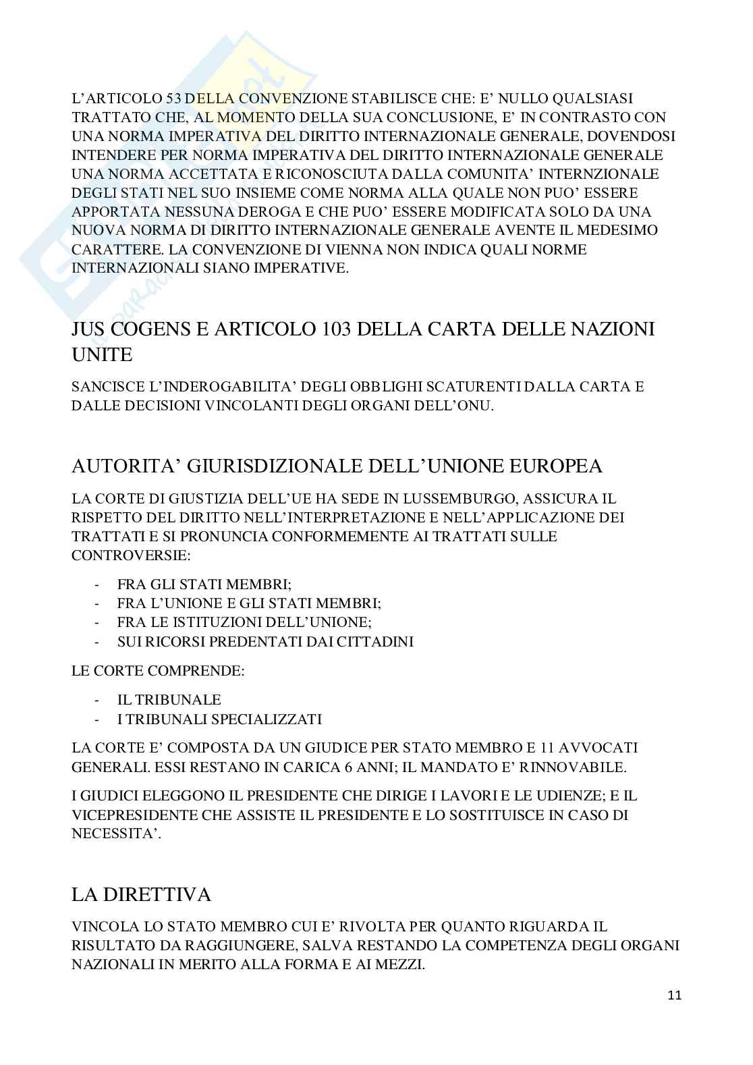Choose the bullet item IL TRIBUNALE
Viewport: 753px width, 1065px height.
169,700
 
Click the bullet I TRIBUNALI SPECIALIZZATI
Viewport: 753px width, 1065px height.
219,719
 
